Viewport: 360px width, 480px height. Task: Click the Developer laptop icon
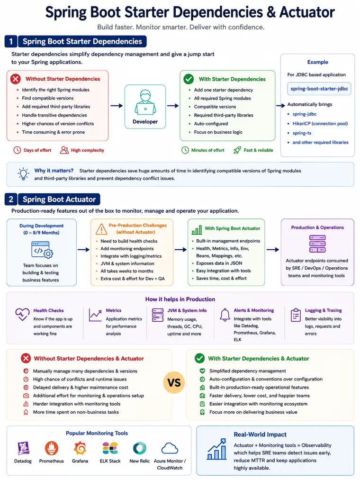145,102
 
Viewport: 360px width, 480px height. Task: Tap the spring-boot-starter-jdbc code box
319,89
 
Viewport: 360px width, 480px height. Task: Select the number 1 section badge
11,41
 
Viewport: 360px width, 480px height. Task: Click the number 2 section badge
11,199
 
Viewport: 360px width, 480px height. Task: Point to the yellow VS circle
174,382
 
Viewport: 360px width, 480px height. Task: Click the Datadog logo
23,448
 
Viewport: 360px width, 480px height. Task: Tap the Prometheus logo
52,448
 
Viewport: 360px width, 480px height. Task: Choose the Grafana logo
80,448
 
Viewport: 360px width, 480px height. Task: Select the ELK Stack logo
110,448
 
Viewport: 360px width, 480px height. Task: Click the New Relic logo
140,448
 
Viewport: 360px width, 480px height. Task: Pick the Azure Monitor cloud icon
170,448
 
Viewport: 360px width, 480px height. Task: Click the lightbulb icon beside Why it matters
23,173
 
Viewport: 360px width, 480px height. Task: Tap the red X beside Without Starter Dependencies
16,79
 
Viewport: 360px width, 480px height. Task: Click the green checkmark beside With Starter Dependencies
189,79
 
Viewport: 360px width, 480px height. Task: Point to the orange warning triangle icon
101,229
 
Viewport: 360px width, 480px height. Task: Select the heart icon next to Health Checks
22,314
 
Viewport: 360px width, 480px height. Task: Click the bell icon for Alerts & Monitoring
225,315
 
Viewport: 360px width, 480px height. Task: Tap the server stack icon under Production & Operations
317,244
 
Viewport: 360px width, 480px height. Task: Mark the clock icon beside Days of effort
17,150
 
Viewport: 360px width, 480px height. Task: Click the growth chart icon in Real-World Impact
217,449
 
